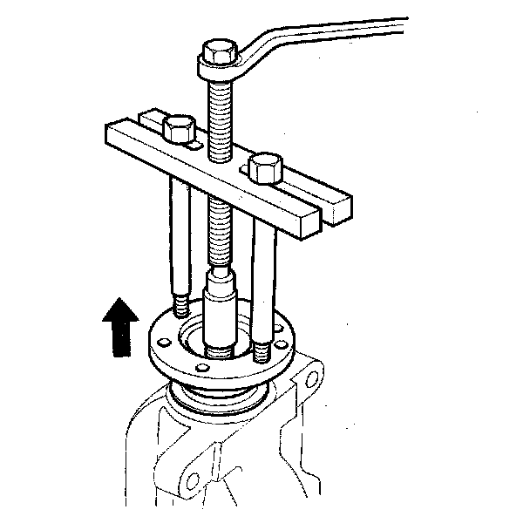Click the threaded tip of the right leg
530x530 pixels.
pyautogui.click(x=261, y=353)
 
